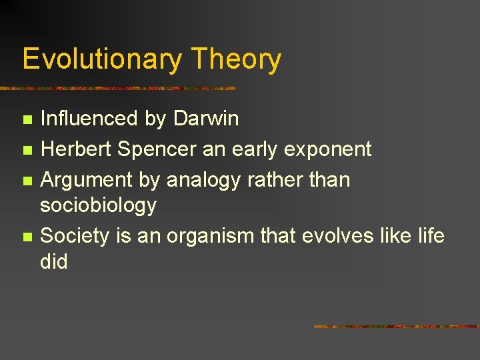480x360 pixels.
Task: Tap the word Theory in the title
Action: click(x=236, y=60)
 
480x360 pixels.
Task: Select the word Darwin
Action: click(x=205, y=119)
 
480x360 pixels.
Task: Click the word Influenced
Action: click(x=89, y=119)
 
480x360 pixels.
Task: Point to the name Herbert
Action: click(x=77, y=149)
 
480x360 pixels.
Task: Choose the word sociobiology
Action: click(x=99, y=205)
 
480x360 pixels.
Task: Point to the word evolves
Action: click(x=340, y=235)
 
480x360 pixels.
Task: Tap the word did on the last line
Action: click(x=54, y=261)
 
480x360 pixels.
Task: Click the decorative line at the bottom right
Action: click(x=396, y=327)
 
